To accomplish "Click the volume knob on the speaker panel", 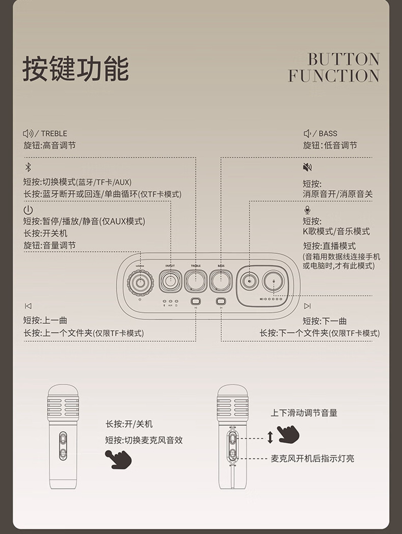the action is pos(140,283).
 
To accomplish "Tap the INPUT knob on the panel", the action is pos(170,281).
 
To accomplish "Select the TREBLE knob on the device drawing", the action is pos(196,281).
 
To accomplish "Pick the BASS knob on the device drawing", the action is pos(221,281).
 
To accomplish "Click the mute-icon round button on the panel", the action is pos(249,281).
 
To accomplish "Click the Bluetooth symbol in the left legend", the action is pos(28,167).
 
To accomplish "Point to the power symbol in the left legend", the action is pos(28,210).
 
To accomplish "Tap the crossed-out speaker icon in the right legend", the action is pos(308,167).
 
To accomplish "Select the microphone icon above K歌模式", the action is pos(307,210).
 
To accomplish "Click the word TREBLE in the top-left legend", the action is pos(54,134).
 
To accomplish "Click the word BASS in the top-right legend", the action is pos(328,134).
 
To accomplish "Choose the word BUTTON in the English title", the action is pos(344,59).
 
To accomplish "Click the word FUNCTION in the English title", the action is pos(334,76).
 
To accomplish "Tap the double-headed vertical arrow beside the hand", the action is pos(270,437).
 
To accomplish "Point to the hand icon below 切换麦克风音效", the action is pos(119,459).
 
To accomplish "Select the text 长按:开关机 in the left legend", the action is pos(45,233).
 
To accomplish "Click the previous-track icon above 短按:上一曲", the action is pos(28,306).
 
